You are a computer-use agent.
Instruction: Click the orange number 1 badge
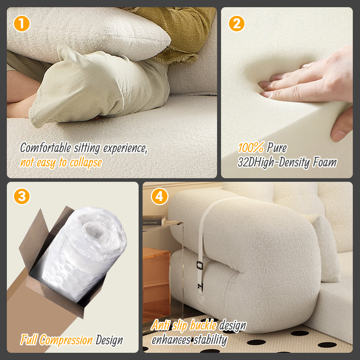tap(22, 24)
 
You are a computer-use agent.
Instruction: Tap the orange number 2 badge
tap(237, 24)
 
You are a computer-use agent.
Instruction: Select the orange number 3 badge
tap(22, 197)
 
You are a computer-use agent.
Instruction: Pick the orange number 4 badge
tap(159, 197)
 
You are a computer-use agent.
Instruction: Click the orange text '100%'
tap(251, 148)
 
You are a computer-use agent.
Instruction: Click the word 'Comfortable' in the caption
tap(45, 148)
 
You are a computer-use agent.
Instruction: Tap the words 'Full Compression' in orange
tap(57, 339)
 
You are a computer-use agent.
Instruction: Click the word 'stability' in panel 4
tap(211, 339)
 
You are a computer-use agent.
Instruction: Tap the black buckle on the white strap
tap(199, 266)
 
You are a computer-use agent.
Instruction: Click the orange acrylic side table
tap(157, 284)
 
